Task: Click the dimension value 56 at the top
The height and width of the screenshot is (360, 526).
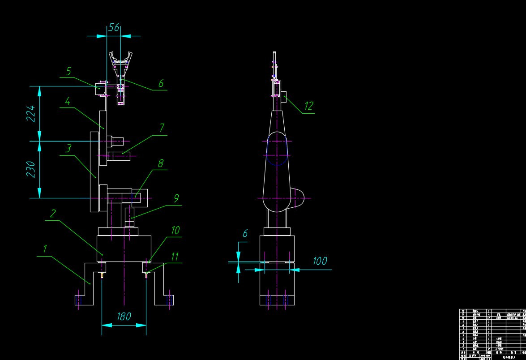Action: coord(114,28)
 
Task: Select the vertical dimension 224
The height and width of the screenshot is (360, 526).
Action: coord(31,114)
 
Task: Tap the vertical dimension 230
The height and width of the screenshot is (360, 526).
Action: coord(31,169)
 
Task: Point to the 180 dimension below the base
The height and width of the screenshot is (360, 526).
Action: coord(124,317)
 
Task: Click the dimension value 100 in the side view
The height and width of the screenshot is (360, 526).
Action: coord(320,261)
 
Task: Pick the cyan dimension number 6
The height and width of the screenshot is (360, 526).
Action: coord(245,233)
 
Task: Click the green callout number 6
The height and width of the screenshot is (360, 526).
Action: coord(161,83)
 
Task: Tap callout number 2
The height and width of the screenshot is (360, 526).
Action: coord(53,213)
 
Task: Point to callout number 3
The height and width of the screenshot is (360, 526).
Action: coord(68,148)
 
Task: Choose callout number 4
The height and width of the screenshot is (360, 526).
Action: coord(67,101)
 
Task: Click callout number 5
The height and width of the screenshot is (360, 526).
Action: coord(68,71)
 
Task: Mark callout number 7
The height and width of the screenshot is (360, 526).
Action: coord(162,128)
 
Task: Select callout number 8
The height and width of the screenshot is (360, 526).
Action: coord(161,163)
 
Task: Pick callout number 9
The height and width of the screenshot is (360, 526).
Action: coord(176,198)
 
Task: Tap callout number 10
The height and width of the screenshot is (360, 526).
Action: coord(175,230)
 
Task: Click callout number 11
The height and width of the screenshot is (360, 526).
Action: coord(175,257)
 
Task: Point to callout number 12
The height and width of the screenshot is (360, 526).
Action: coord(308,106)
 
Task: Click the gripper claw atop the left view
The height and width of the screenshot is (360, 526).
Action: coord(120,61)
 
